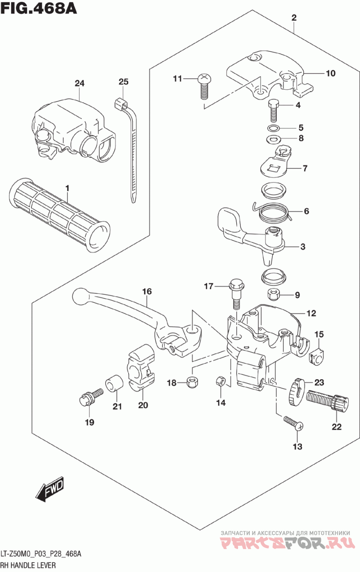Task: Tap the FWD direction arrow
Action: coord(50,490)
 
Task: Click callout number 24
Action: coord(80,83)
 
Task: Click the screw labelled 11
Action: coord(203,86)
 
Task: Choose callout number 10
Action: coord(331,73)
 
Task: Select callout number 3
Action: coord(302,247)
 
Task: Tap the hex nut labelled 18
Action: coord(192,382)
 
